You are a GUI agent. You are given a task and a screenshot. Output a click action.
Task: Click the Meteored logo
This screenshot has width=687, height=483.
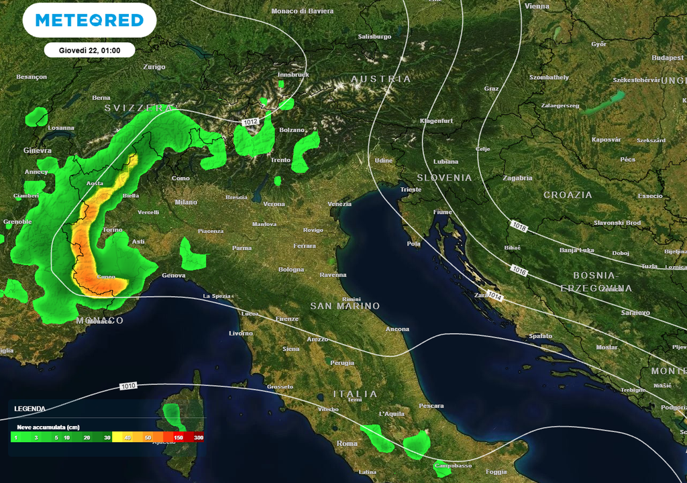coord(89,20)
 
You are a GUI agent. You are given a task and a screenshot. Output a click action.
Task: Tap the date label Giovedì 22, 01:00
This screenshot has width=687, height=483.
coord(89,50)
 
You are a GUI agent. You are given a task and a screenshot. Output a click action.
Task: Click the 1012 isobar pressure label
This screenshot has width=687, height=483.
coord(251,121)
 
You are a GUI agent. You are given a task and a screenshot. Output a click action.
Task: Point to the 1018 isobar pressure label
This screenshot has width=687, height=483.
coord(518,227)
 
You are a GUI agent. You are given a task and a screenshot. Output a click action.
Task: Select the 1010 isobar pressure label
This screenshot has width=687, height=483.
coord(129,386)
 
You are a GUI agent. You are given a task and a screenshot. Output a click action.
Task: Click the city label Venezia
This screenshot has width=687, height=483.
coord(339,204)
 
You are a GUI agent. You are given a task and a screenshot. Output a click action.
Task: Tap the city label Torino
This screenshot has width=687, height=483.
coord(113,230)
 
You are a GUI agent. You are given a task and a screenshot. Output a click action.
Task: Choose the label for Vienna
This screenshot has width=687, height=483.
coord(537,6)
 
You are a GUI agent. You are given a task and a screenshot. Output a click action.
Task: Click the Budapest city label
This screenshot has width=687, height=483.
coord(667,58)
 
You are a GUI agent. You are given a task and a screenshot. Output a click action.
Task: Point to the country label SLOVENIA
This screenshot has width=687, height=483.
coord(445,178)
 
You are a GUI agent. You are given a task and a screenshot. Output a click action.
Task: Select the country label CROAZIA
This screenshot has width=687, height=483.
coord(568,195)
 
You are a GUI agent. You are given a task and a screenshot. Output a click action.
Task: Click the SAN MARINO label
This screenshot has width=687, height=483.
coord(345,306)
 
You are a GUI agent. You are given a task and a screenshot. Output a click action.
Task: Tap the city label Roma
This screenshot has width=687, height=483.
coord(347,443)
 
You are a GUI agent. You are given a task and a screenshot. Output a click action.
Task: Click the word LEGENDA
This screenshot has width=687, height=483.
coord(30,408)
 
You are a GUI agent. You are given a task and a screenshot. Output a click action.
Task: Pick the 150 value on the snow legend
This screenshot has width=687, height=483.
coord(178,437)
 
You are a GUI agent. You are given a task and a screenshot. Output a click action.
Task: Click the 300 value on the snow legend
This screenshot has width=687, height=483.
coord(199,437)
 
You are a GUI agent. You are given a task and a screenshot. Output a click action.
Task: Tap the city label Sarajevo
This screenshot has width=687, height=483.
coord(635,313)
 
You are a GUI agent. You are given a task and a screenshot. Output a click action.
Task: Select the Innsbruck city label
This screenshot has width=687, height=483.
coord(293,74)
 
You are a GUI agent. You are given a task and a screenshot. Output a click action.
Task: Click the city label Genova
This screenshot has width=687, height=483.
coord(173,275)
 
